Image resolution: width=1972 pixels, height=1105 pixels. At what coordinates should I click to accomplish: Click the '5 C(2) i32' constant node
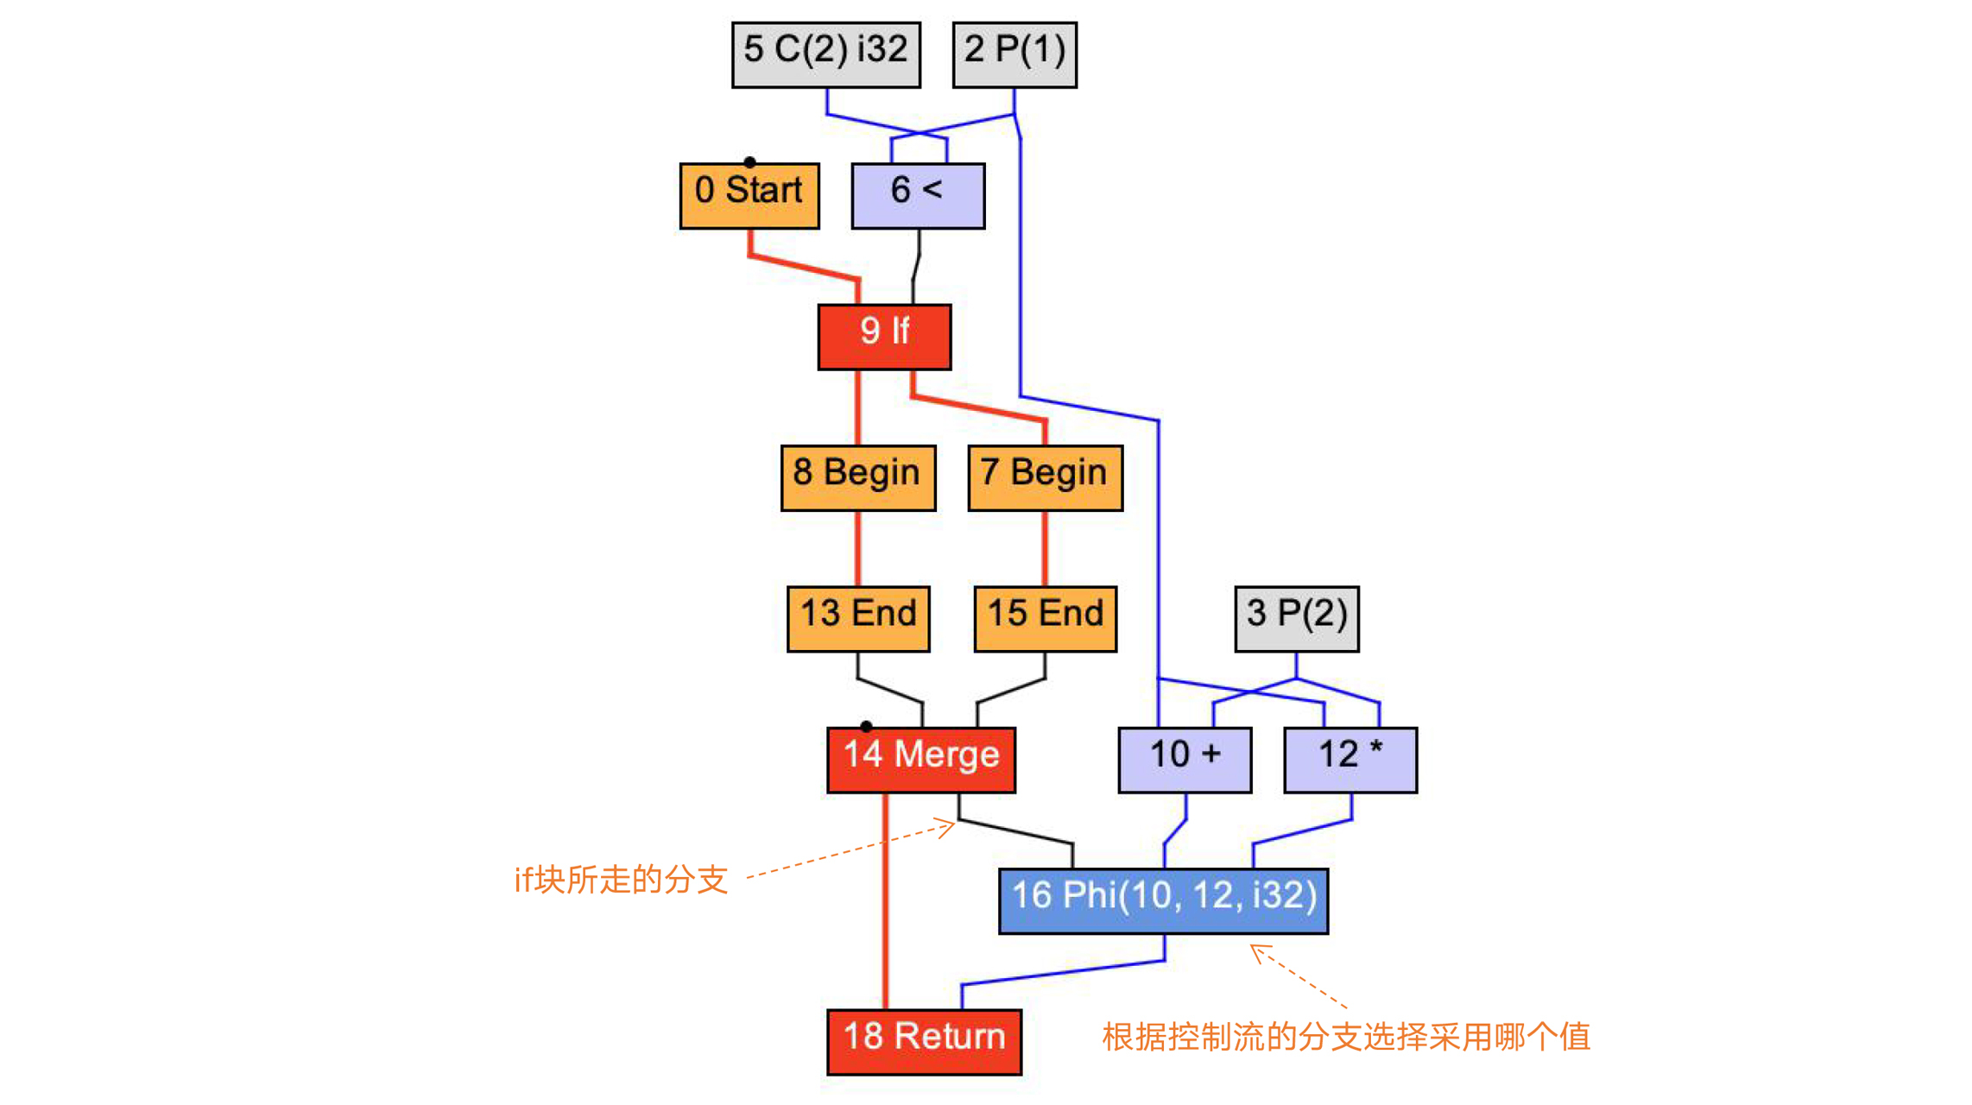click(x=825, y=54)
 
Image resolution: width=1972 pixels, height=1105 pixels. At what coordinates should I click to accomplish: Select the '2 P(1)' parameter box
click(x=1014, y=54)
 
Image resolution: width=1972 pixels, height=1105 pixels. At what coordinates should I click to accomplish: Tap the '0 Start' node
click(x=749, y=196)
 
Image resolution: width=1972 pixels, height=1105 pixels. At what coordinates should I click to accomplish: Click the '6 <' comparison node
click(x=918, y=196)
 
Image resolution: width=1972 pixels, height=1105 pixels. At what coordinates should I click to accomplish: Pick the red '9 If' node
click(x=884, y=337)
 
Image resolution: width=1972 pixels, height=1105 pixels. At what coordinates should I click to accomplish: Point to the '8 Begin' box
click(x=857, y=478)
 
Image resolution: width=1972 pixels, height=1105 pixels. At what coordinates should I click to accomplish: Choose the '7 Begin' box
click(x=1045, y=478)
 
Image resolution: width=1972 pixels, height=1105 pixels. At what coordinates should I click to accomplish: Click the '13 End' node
click(x=858, y=619)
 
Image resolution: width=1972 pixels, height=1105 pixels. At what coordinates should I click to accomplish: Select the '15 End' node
click(x=1045, y=619)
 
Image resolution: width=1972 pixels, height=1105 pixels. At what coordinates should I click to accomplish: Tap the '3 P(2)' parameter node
click(x=1296, y=619)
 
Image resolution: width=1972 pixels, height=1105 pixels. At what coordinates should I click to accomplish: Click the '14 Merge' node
click(x=921, y=760)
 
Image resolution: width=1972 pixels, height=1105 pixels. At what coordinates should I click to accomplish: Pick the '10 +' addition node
click(x=1185, y=760)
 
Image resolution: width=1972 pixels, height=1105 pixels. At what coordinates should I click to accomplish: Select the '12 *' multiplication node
click(x=1350, y=760)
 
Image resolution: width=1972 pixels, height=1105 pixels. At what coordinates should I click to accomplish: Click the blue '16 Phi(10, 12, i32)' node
click(x=1163, y=901)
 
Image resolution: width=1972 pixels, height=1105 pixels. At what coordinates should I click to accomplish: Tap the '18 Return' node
click(x=924, y=1042)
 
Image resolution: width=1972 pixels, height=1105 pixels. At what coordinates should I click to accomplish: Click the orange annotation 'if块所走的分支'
click(x=621, y=881)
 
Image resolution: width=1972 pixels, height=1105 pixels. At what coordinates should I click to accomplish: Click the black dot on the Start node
click(x=749, y=162)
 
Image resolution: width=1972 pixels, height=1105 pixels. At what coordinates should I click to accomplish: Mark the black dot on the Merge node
click(x=866, y=727)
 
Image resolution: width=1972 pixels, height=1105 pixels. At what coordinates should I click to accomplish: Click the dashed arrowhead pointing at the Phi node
click(x=1256, y=950)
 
